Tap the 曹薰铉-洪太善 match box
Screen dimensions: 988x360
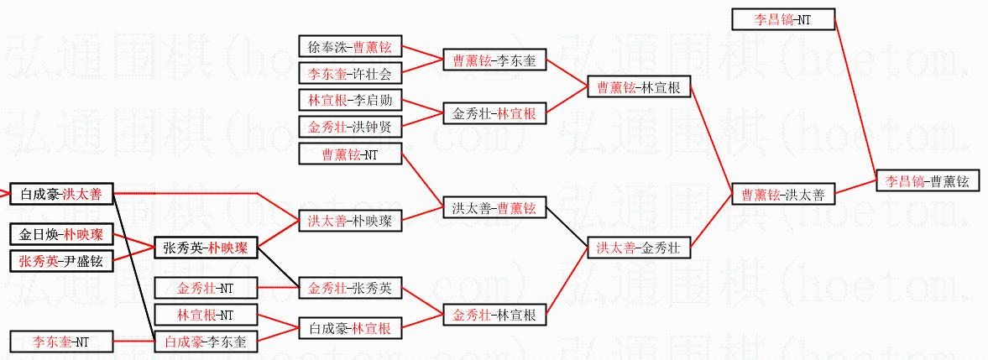pyautogui.click(x=782, y=195)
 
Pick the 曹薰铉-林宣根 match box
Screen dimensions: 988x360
pyautogui.click(x=638, y=87)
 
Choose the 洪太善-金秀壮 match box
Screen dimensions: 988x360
pyautogui.click(x=637, y=248)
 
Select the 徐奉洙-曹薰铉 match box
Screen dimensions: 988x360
pyautogui.click(x=351, y=46)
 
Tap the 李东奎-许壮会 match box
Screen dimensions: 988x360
pyautogui.click(x=351, y=73)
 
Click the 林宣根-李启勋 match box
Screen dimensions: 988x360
pyautogui.click(x=351, y=101)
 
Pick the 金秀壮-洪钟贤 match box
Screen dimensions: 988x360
pyautogui.click(x=351, y=128)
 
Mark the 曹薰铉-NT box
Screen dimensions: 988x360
pyautogui.click(x=351, y=154)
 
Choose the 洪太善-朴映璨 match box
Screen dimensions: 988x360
pyautogui.click(x=351, y=222)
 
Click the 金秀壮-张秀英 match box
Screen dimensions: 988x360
pyautogui.click(x=351, y=288)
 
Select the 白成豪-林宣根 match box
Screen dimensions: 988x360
pyautogui.click(x=351, y=328)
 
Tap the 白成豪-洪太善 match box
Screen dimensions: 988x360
pyautogui.click(x=60, y=194)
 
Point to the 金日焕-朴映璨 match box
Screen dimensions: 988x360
pyautogui.click(x=60, y=234)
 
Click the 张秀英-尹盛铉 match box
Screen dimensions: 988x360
pyautogui.click(x=60, y=261)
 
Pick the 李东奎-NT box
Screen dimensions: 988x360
pyautogui.click(x=60, y=342)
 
